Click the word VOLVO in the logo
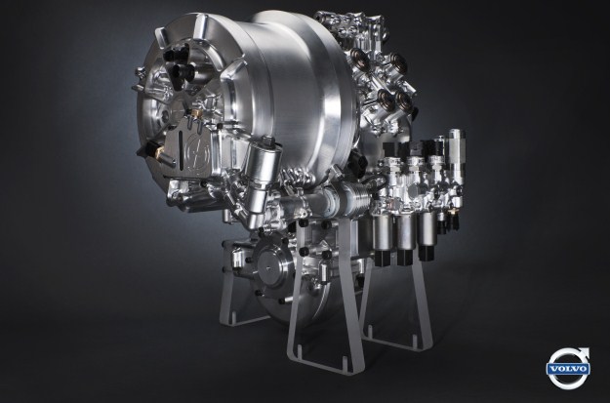[x=568, y=369]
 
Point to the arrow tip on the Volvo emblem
[x=589, y=348]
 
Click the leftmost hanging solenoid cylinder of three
[x=383, y=238]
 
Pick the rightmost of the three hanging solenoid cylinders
[x=427, y=234]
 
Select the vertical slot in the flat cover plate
[x=181, y=150]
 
